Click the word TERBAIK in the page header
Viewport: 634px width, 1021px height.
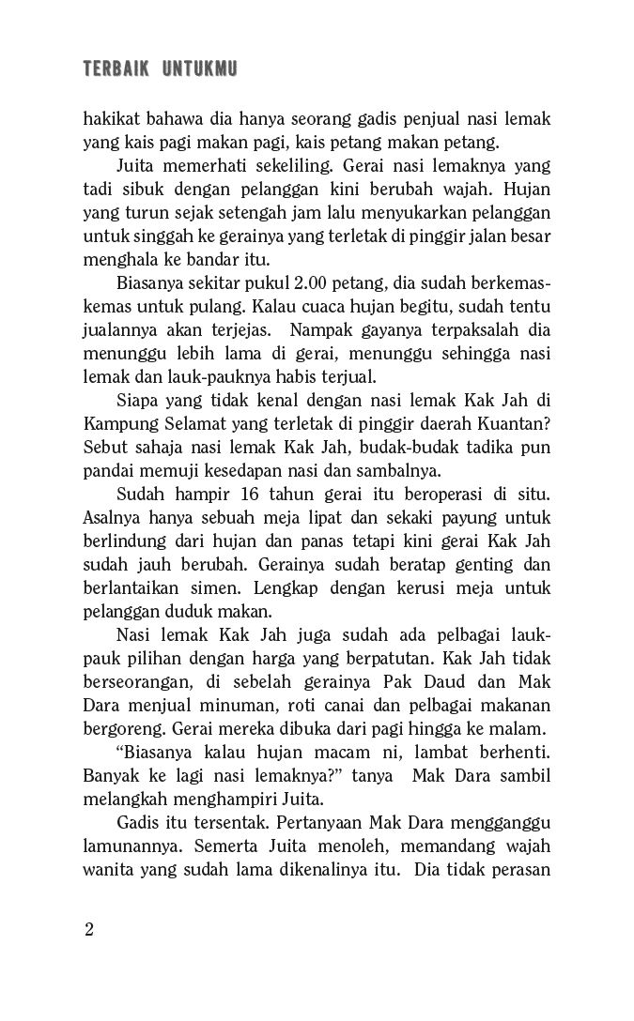coord(113,69)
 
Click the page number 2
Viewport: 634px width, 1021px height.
coord(88,930)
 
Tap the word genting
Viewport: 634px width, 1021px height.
coord(470,565)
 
